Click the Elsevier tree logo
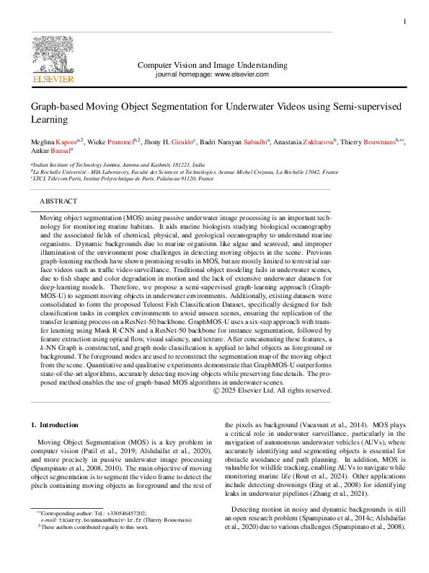[x=53, y=53]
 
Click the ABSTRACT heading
[x=58, y=201]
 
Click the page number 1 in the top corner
[x=404, y=22]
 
